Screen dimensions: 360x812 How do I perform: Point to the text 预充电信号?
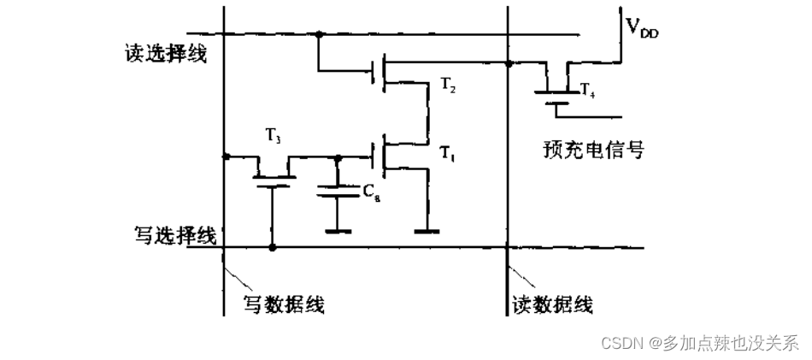[x=593, y=150]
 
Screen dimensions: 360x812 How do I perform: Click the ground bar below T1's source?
[x=425, y=231]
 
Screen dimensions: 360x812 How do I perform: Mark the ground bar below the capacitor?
[x=339, y=231]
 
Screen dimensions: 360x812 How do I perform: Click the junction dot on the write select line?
[x=274, y=248]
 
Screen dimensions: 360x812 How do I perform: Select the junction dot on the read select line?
[x=319, y=35]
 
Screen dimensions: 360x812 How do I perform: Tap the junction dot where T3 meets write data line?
[x=225, y=156]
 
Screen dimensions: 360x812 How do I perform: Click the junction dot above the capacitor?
[x=339, y=157]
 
